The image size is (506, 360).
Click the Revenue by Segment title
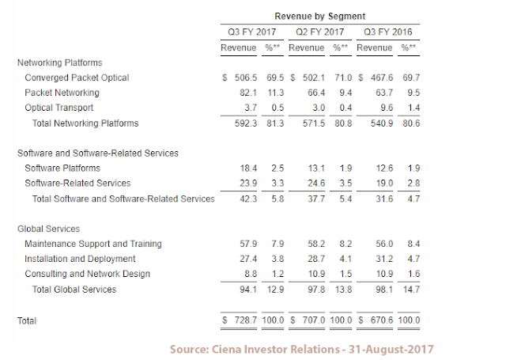point(319,16)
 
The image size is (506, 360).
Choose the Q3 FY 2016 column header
point(387,32)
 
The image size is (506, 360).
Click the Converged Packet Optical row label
point(77,78)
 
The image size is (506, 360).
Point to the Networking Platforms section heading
point(60,63)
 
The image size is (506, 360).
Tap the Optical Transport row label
point(59,108)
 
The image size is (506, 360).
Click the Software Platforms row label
point(62,169)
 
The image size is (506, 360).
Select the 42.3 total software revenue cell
point(245,199)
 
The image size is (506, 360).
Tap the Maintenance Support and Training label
point(93,244)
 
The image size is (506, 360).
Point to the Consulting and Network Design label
point(87,274)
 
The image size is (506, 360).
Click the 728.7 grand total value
point(243,321)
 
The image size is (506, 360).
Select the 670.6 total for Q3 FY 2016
point(380,321)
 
